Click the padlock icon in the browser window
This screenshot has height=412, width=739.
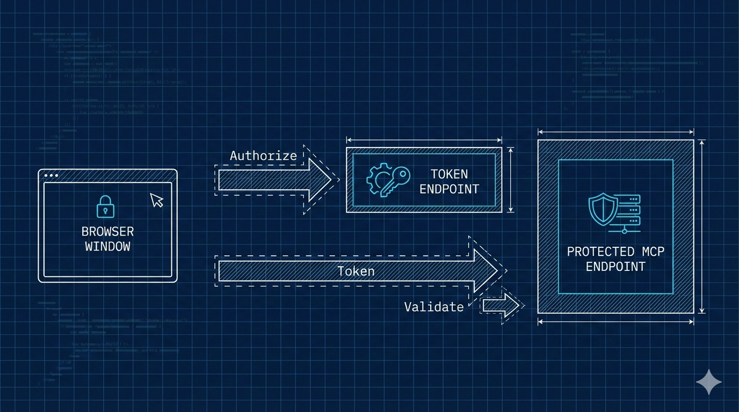click(105, 206)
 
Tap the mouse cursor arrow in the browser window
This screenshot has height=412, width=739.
click(156, 200)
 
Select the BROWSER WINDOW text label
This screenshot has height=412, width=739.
click(107, 239)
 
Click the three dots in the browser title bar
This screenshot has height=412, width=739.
click(51, 175)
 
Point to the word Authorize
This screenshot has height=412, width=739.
click(263, 156)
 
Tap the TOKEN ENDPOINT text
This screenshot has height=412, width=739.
click(449, 181)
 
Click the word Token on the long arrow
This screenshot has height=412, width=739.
click(356, 271)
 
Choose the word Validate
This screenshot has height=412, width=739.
click(433, 307)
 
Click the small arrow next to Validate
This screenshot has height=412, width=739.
click(501, 306)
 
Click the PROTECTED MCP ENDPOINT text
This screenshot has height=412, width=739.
click(615, 259)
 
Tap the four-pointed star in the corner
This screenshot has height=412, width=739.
click(709, 381)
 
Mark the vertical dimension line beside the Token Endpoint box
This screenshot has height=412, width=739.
click(511, 180)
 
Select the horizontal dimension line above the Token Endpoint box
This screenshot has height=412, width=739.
click(424, 139)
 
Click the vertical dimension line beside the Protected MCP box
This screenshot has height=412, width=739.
click(701, 226)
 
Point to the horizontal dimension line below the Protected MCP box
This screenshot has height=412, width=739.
click(615, 321)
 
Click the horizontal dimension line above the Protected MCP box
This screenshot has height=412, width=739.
click(615, 131)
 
